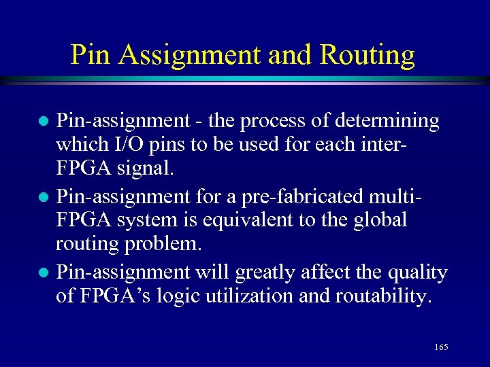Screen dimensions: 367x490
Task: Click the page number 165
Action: (440, 347)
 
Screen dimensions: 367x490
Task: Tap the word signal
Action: (147, 169)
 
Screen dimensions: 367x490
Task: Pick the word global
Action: (380, 220)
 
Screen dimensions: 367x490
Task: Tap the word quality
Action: (415, 273)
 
